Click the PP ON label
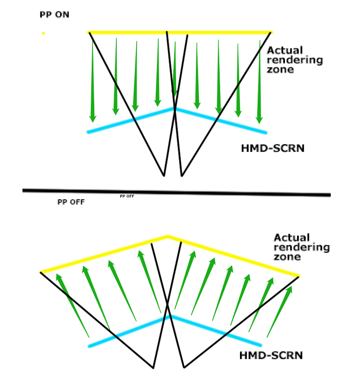tap(54, 15)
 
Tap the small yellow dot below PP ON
tap(43, 33)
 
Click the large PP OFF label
tap(71, 202)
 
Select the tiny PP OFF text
tap(127, 196)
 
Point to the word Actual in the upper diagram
tap(284, 50)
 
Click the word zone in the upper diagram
tap(280, 70)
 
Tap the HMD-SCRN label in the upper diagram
tap(273, 148)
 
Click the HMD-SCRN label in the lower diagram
tap(271, 356)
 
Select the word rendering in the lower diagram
tap(302, 247)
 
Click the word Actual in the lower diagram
tap(292, 237)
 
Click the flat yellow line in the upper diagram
tap(180, 32)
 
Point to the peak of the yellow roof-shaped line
tap(168, 236)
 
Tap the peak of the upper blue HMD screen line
tap(175, 109)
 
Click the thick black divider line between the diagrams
tap(177, 193)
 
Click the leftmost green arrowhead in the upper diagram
tap(93, 119)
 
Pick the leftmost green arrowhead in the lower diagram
tap(58, 277)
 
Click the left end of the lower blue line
tap(89, 347)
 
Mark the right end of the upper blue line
tap(266, 132)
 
